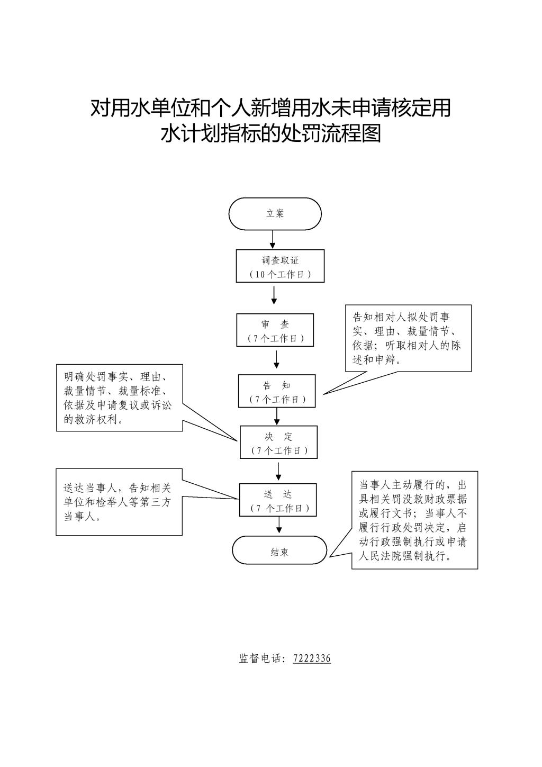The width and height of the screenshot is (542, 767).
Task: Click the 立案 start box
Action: coord(275,214)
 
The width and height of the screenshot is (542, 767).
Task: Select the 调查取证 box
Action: coord(280,266)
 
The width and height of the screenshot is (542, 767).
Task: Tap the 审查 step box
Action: coord(275,330)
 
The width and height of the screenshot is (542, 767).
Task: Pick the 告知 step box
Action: coord(277,391)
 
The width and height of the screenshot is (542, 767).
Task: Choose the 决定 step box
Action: coord(278,443)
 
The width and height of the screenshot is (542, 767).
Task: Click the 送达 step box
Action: coord(278,500)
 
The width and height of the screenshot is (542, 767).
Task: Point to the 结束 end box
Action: coord(279,551)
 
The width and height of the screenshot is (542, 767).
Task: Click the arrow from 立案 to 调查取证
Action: coord(273,240)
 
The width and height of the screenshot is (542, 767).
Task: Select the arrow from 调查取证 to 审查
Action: coord(274,295)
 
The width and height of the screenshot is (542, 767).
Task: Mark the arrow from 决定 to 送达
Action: coord(278,471)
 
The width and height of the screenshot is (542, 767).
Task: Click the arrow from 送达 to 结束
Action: coord(279,525)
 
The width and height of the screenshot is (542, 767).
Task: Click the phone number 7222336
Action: coord(312,658)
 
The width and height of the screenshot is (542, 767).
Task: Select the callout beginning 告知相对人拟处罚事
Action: coord(408,338)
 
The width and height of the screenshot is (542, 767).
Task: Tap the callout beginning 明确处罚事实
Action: coord(119,398)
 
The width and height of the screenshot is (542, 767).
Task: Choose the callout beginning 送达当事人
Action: coord(119,502)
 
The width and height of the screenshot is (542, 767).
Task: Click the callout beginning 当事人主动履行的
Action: coord(414,520)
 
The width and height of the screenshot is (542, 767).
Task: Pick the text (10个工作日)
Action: coord(280,274)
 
